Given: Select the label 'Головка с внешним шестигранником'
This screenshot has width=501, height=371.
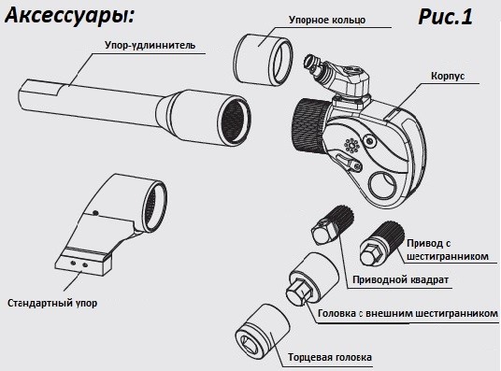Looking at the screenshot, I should tap(408, 314).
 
